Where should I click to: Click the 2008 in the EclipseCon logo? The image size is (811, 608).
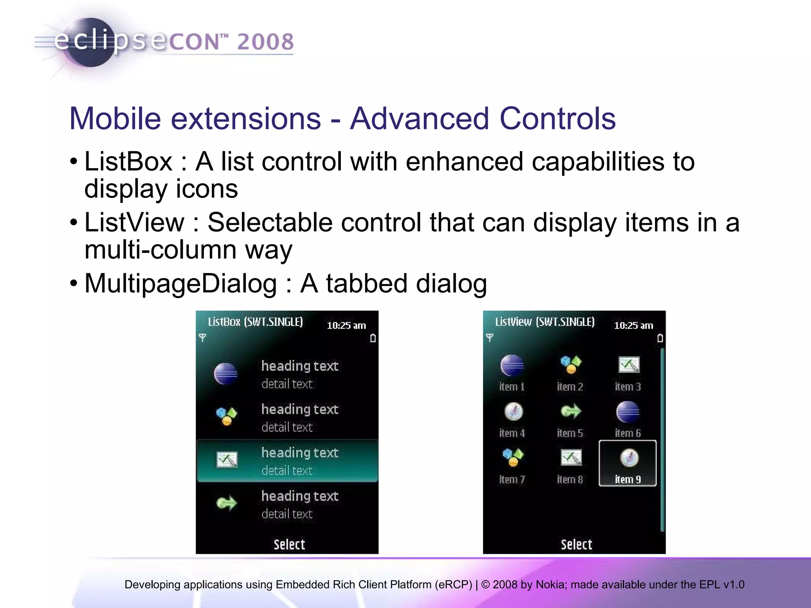click(265, 42)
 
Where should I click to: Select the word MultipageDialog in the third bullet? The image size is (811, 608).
click(181, 283)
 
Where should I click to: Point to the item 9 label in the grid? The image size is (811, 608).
click(628, 479)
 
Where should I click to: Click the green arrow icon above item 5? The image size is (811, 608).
click(570, 412)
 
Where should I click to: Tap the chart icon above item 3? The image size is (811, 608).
click(628, 365)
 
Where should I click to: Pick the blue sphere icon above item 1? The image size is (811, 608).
click(512, 365)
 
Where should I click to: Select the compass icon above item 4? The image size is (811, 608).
click(514, 412)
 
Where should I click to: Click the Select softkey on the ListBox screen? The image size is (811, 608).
click(289, 544)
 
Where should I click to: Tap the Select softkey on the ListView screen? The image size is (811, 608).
click(576, 544)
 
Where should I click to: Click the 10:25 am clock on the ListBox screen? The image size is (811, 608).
click(346, 325)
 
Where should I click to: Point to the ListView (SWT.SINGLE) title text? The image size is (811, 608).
click(544, 322)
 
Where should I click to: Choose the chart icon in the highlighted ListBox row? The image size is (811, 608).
click(227, 459)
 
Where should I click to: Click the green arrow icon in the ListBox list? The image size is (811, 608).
click(227, 503)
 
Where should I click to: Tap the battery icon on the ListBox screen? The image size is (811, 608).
click(373, 338)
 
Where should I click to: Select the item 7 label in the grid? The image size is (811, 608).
click(512, 479)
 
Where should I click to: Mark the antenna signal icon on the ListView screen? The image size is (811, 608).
click(489, 338)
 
